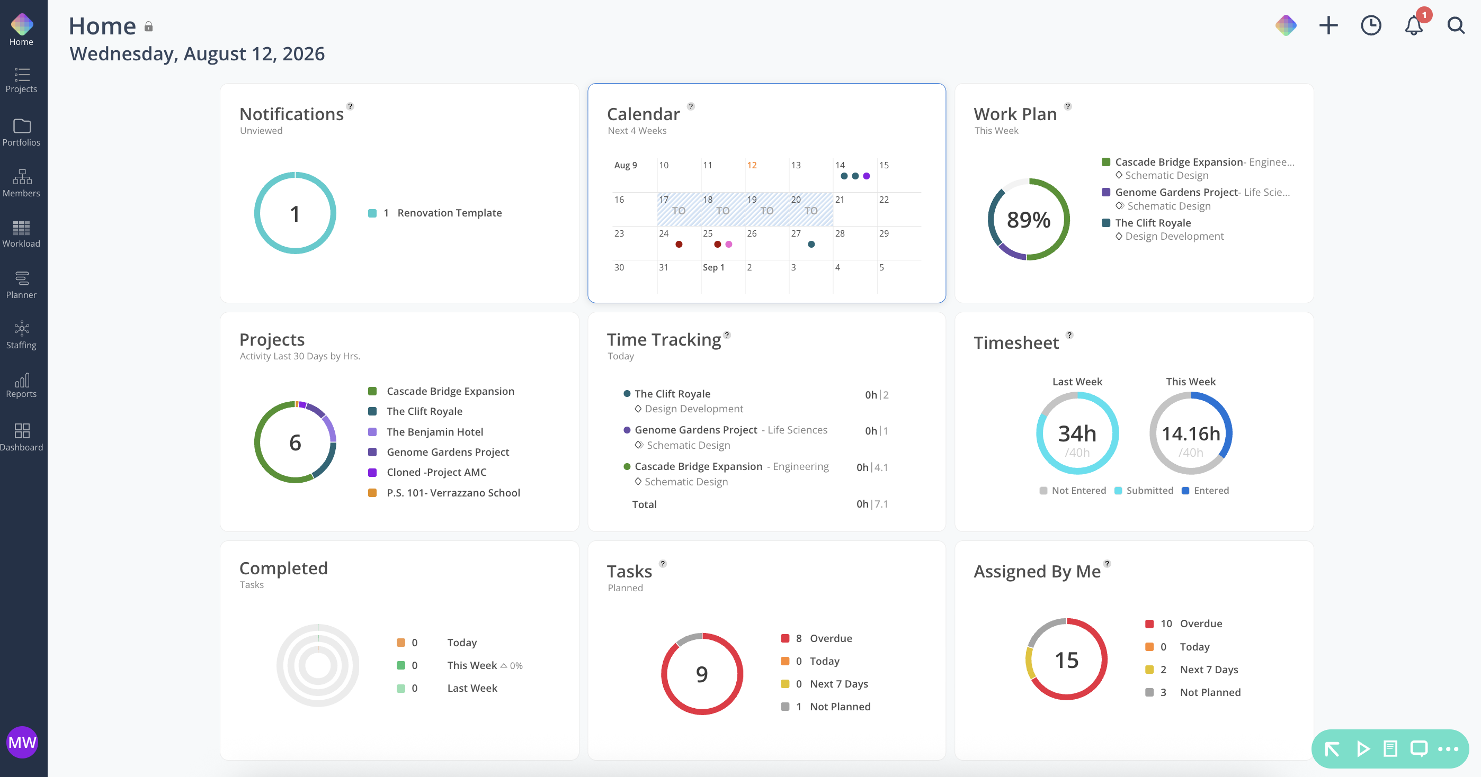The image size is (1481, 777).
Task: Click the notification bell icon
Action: (1414, 26)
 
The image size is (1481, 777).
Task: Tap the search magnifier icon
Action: (1456, 26)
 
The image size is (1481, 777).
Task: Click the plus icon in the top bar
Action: (1328, 25)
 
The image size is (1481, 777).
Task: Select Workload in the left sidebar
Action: (21, 234)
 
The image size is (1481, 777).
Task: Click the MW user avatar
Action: (22, 742)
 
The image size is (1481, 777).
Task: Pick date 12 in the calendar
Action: (752, 166)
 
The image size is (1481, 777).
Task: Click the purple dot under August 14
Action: (867, 176)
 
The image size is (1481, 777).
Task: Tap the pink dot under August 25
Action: (728, 244)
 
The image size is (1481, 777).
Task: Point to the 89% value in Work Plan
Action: (1028, 220)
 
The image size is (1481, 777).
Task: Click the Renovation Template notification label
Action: (449, 213)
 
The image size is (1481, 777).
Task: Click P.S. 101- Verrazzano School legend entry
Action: (453, 493)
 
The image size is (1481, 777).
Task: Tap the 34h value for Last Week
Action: (1077, 433)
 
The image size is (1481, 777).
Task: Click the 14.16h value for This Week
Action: (1191, 433)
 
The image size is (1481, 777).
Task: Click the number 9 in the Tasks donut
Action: (701, 674)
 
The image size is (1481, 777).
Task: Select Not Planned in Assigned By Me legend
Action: (1210, 692)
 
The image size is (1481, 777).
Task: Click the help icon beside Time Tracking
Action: (727, 335)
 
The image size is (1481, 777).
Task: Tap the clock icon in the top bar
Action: (1371, 25)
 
